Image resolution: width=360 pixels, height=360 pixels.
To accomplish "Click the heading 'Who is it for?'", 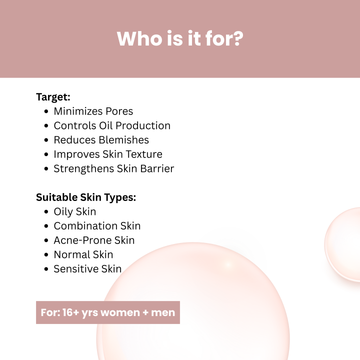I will click(x=180, y=38).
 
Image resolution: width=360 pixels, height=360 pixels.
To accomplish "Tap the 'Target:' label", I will click(x=53, y=97).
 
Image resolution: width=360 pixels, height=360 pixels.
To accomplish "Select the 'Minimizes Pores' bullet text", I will click(x=93, y=111).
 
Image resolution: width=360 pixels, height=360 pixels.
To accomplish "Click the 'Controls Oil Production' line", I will click(x=112, y=125).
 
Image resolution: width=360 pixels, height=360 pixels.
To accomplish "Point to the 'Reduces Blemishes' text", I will click(x=101, y=140).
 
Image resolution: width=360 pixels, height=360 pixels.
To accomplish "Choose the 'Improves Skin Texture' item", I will click(x=108, y=154).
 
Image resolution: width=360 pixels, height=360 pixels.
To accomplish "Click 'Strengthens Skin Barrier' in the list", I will click(x=114, y=168).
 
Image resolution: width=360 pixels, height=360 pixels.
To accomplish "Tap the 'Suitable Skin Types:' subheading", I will click(x=86, y=197).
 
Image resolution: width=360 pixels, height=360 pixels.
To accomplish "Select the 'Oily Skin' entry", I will click(x=75, y=211).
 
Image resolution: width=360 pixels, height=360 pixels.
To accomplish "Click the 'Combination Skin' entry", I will click(x=97, y=226).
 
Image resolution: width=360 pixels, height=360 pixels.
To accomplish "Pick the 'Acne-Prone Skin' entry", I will click(x=94, y=240).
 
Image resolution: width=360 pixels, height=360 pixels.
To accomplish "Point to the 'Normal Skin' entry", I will click(x=83, y=254).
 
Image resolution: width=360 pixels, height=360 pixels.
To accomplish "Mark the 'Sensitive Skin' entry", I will click(x=87, y=269).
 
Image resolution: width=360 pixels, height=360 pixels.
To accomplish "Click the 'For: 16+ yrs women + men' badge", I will click(x=108, y=312).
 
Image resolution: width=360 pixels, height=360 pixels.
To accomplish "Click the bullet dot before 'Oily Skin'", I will click(x=46, y=212).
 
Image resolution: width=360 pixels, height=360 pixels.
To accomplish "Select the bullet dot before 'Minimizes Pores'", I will click(x=46, y=111).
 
